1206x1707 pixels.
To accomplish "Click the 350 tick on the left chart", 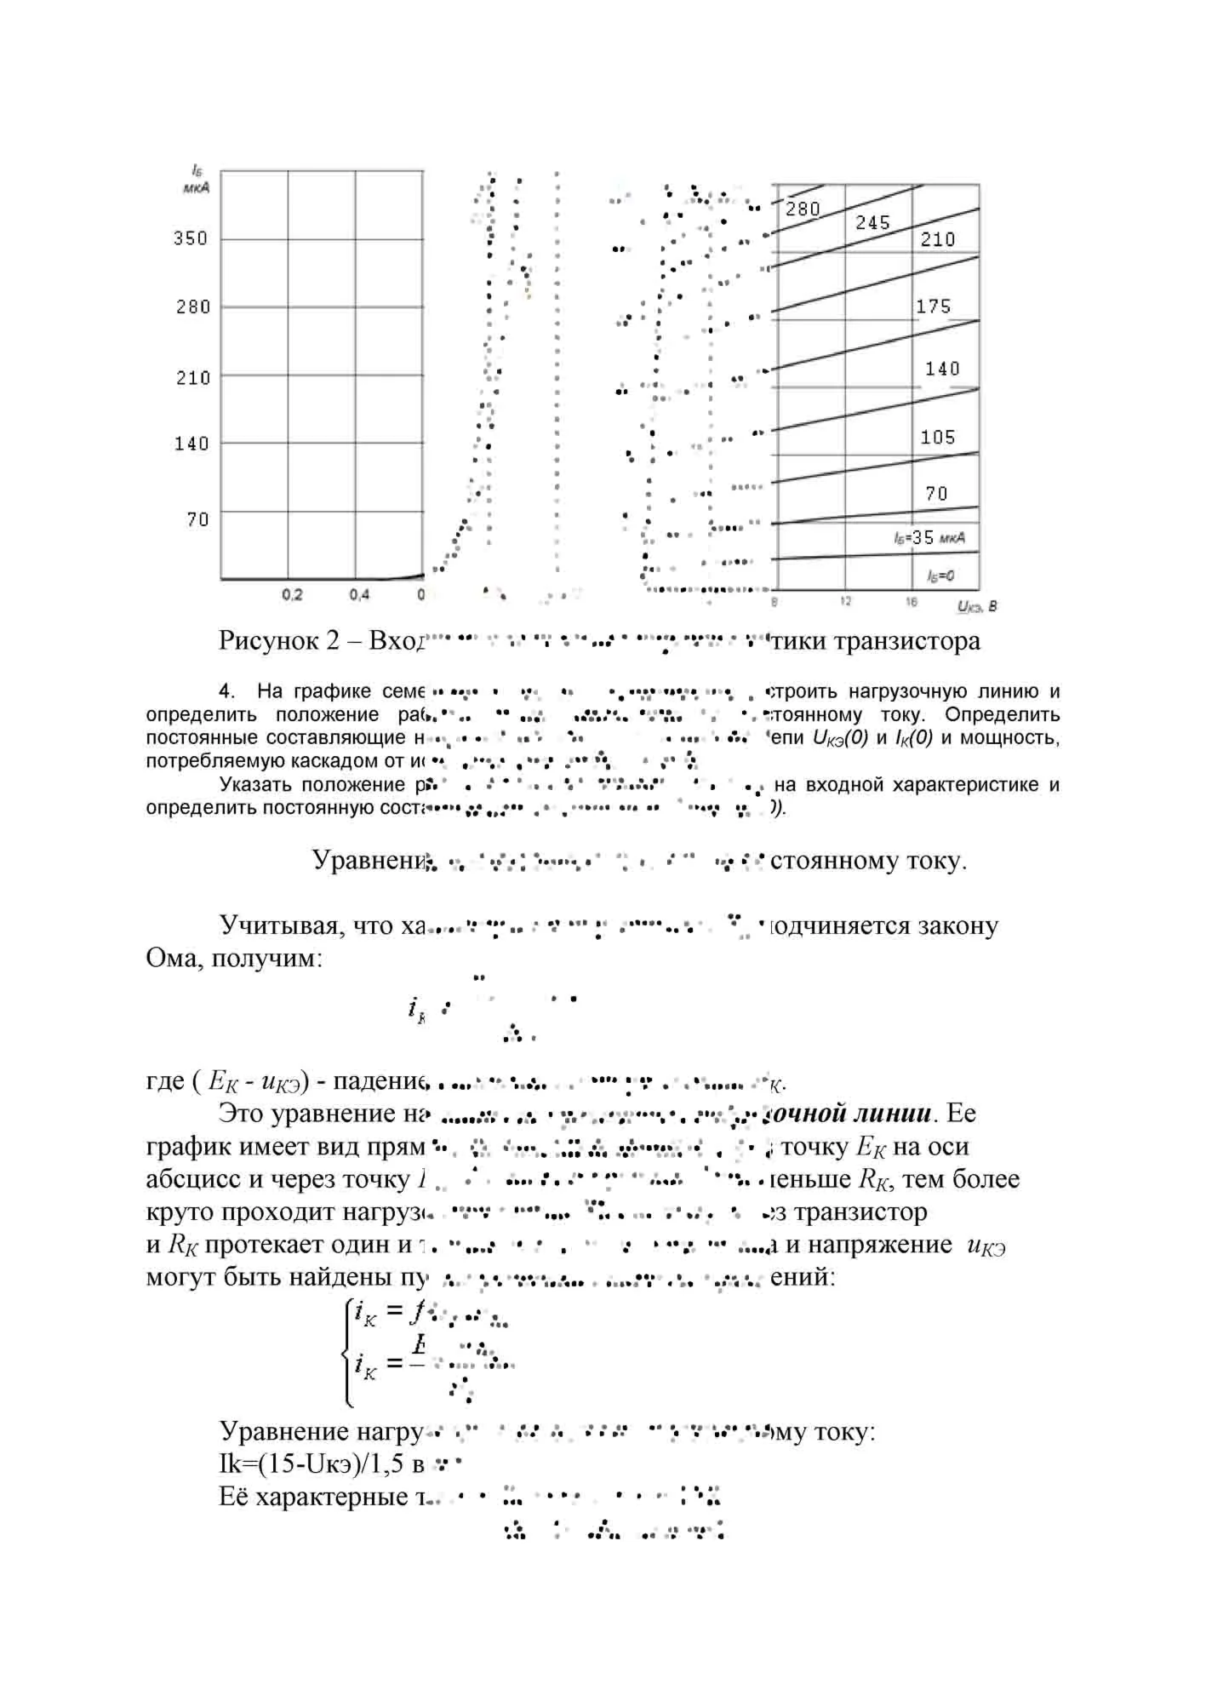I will pos(191,238).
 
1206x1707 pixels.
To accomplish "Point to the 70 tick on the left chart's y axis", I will pos(197,519).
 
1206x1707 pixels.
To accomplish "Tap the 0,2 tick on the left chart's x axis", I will pos(292,595).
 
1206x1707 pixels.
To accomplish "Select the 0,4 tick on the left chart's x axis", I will pos(359,595).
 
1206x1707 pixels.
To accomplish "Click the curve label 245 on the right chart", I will pos(872,223).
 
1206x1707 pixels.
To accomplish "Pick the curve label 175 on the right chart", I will pos(933,306).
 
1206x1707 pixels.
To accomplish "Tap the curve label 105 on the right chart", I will pos(938,438).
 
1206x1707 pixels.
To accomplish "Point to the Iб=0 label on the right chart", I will pos(940,577).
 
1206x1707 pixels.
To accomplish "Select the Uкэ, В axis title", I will pos(977,606).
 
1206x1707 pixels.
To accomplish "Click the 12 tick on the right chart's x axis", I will pos(844,602).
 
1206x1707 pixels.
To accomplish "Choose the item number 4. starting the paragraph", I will pos(226,691).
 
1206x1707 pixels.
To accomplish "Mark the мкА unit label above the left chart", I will pos(197,187).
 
